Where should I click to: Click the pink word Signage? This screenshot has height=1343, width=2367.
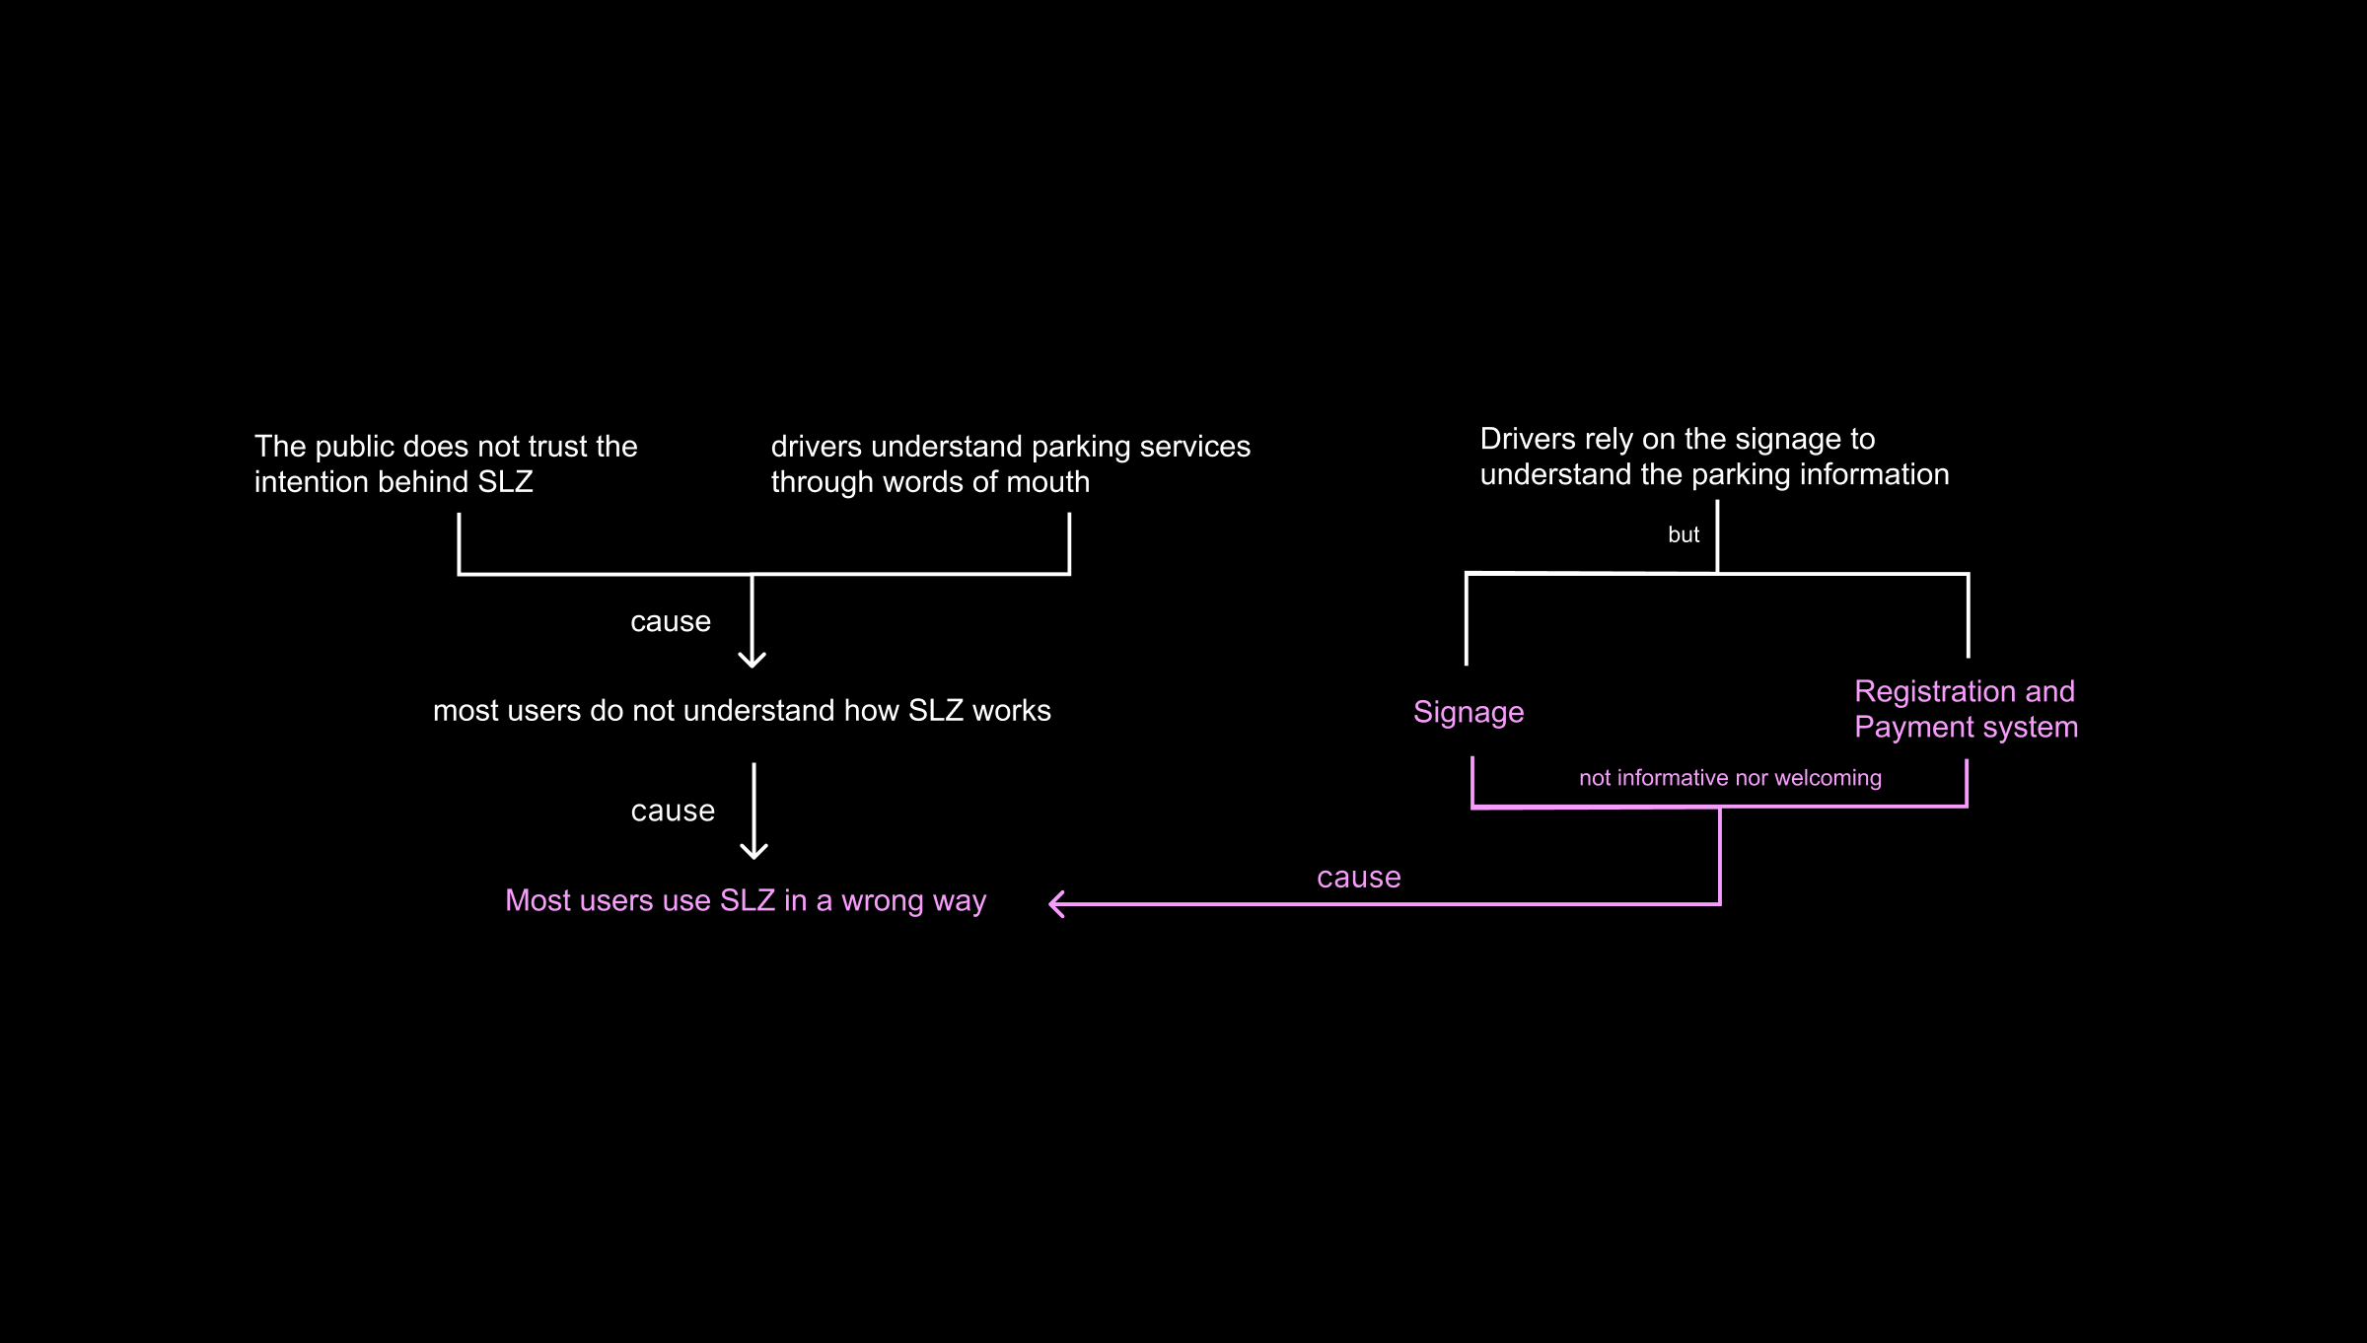1468,712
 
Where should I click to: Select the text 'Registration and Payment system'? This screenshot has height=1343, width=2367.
1965,709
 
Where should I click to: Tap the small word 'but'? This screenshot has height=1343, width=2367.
1683,534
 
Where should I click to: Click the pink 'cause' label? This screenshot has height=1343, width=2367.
1358,877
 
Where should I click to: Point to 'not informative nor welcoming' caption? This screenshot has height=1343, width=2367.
1730,778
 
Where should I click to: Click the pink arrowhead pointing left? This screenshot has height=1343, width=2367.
1056,903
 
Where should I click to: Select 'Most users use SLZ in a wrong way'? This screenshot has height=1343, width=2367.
745,900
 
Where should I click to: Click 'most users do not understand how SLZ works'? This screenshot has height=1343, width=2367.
742,711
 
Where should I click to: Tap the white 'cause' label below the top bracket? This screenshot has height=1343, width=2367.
670,621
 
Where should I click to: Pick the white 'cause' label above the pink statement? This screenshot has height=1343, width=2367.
672,811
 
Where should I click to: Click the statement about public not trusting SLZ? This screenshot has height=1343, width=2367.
446,463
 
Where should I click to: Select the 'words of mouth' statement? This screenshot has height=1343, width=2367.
1010,463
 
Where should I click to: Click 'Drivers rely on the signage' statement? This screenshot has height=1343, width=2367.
1714,457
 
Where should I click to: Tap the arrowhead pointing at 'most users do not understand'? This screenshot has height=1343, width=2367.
753,660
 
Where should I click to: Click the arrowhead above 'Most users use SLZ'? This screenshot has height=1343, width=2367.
754,851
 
